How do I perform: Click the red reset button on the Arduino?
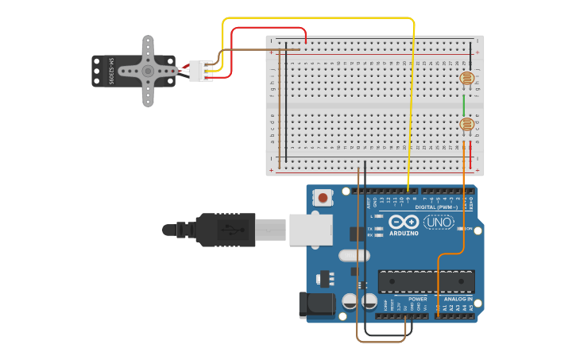323,197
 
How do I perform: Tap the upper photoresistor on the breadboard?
467,79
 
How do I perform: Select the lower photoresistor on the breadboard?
467,124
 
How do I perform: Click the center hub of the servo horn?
148,71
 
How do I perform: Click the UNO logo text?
439,222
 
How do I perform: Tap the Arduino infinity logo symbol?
404,222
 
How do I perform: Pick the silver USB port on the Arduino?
310,230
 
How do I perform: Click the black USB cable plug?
230,230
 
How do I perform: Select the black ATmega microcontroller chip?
426,281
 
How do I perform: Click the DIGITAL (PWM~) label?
435,207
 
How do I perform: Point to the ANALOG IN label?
457,300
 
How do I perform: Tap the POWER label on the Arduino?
417,300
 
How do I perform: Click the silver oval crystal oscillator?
354,256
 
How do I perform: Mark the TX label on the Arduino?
371,229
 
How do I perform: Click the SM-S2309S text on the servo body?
113,71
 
